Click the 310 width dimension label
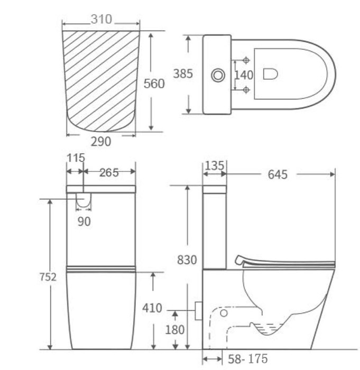pyautogui.click(x=101, y=20)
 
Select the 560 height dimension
pyautogui.click(x=154, y=84)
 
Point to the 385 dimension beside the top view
pyautogui.click(x=183, y=75)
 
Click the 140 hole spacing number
pyautogui.click(x=244, y=75)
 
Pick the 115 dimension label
pyautogui.click(x=76, y=158)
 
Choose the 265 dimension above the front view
pyautogui.click(x=108, y=173)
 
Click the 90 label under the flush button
pyautogui.click(x=84, y=221)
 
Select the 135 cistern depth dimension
pyautogui.click(x=214, y=166)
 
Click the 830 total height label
pyautogui.click(x=186, y=260)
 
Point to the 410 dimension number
pyautogui.click(x=152, y=308)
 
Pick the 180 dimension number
pyautogui.click(x=174, y=330)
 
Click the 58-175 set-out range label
pyautogui.click(x=247, y=359)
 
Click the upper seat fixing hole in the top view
pyautogui.click(x=246, y=60)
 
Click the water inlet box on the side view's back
pyautogui.click(x=199, y=310)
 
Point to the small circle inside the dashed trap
pyautogui.click(x=224, y=313)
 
